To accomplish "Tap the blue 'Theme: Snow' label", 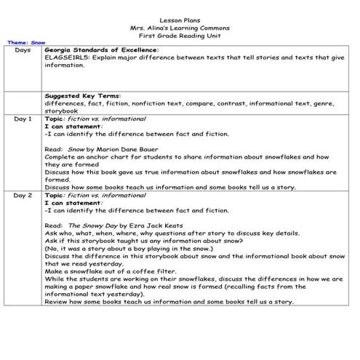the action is tap(25, 43).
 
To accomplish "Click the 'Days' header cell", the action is tap(23, 50).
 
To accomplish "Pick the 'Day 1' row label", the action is tap(23, 119).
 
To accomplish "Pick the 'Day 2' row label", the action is tap(23, 195).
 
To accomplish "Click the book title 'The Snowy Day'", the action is tap(89, 225).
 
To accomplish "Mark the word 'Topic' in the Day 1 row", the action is tap(55, 119).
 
